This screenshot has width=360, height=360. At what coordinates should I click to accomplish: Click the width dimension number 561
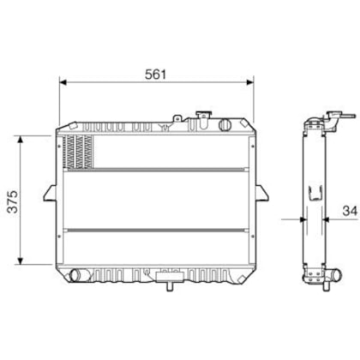pos(155,74)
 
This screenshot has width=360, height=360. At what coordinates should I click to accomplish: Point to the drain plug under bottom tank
pos(167,277)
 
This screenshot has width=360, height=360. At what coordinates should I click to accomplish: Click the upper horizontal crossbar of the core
pos(157,170)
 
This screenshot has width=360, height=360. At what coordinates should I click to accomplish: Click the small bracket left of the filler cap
pos(177,118)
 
